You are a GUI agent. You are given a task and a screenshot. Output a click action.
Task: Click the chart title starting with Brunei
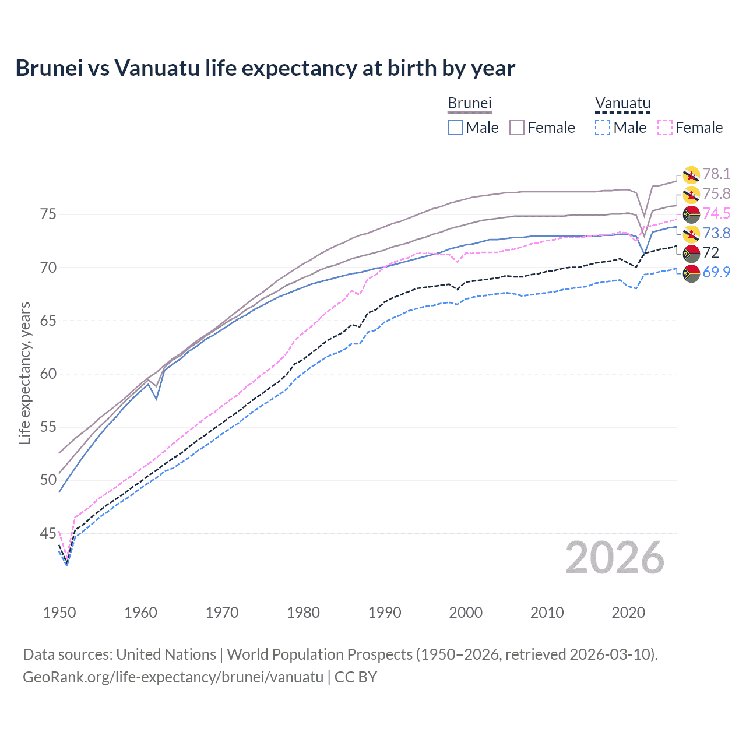click(x=265, y=68)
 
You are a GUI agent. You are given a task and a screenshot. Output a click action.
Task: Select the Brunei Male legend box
click(x=455, y=128)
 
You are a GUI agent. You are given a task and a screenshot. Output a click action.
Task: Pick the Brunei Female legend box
click(x=517, y=128)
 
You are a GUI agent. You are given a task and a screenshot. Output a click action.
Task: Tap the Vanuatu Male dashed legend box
click(x=603, y=128)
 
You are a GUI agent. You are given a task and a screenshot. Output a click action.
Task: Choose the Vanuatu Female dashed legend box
click(x=665, y=128)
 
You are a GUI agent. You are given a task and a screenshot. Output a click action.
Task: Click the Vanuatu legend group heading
click(x=622, y=104)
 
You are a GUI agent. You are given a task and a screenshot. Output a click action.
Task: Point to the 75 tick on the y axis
click(x=48, y=214)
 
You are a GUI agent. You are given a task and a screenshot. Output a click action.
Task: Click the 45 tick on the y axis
click(x=48, y=533)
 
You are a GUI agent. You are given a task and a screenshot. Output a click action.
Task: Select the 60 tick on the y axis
click(x=48, y=374)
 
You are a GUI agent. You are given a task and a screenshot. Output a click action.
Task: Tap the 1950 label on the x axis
click(x=59, y=613)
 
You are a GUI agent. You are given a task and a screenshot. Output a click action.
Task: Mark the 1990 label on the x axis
click(x=385, y=613)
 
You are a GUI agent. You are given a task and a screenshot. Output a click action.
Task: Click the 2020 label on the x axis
click(x=628, y=613)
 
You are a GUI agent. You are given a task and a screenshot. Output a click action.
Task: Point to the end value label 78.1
click(x=716, y=174)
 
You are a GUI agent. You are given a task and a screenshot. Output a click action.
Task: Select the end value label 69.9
click(x=716, y=272)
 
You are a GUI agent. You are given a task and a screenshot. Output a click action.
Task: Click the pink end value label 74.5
click(x=716, y=213)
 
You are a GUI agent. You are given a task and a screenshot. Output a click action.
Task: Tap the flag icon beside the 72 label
click(x=691, y=253)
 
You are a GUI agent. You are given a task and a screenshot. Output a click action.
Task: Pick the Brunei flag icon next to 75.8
click(x=691, y=194)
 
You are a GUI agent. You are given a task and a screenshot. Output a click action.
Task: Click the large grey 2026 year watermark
click(x=615, y=558)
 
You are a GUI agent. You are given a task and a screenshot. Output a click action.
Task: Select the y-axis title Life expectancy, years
click(x=25, y=373)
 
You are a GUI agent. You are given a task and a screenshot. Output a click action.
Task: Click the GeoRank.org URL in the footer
click(x=173, y=677)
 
